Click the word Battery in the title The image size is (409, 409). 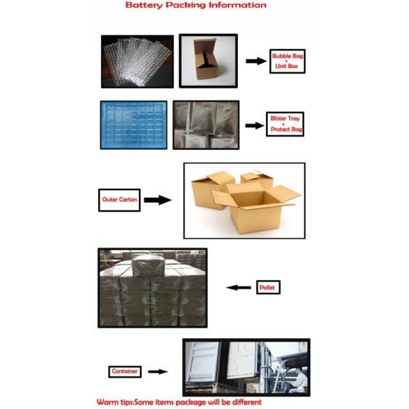tap(144, 5)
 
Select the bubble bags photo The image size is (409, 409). tap(138, 61)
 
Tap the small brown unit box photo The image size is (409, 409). tap(208, 61)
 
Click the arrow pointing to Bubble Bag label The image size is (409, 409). tap(256, 61)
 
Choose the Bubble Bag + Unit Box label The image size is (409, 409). tap(287, 61)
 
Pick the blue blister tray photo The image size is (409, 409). tap(134, 125)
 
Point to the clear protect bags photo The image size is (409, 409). tap(206, 125)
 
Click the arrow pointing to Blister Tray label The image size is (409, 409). tap(254, 125)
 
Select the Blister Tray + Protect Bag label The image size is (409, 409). tap(285, 124)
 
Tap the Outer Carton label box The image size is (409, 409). tap(119, 200)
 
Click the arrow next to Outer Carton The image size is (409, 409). tap(157, 200)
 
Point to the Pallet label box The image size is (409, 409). tap(268, 287)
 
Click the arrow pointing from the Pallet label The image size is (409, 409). tap(239, 288)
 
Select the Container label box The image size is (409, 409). tap(125, 372)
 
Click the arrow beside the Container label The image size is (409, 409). tap(158, 372)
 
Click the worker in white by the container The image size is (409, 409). tap(299, 380)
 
